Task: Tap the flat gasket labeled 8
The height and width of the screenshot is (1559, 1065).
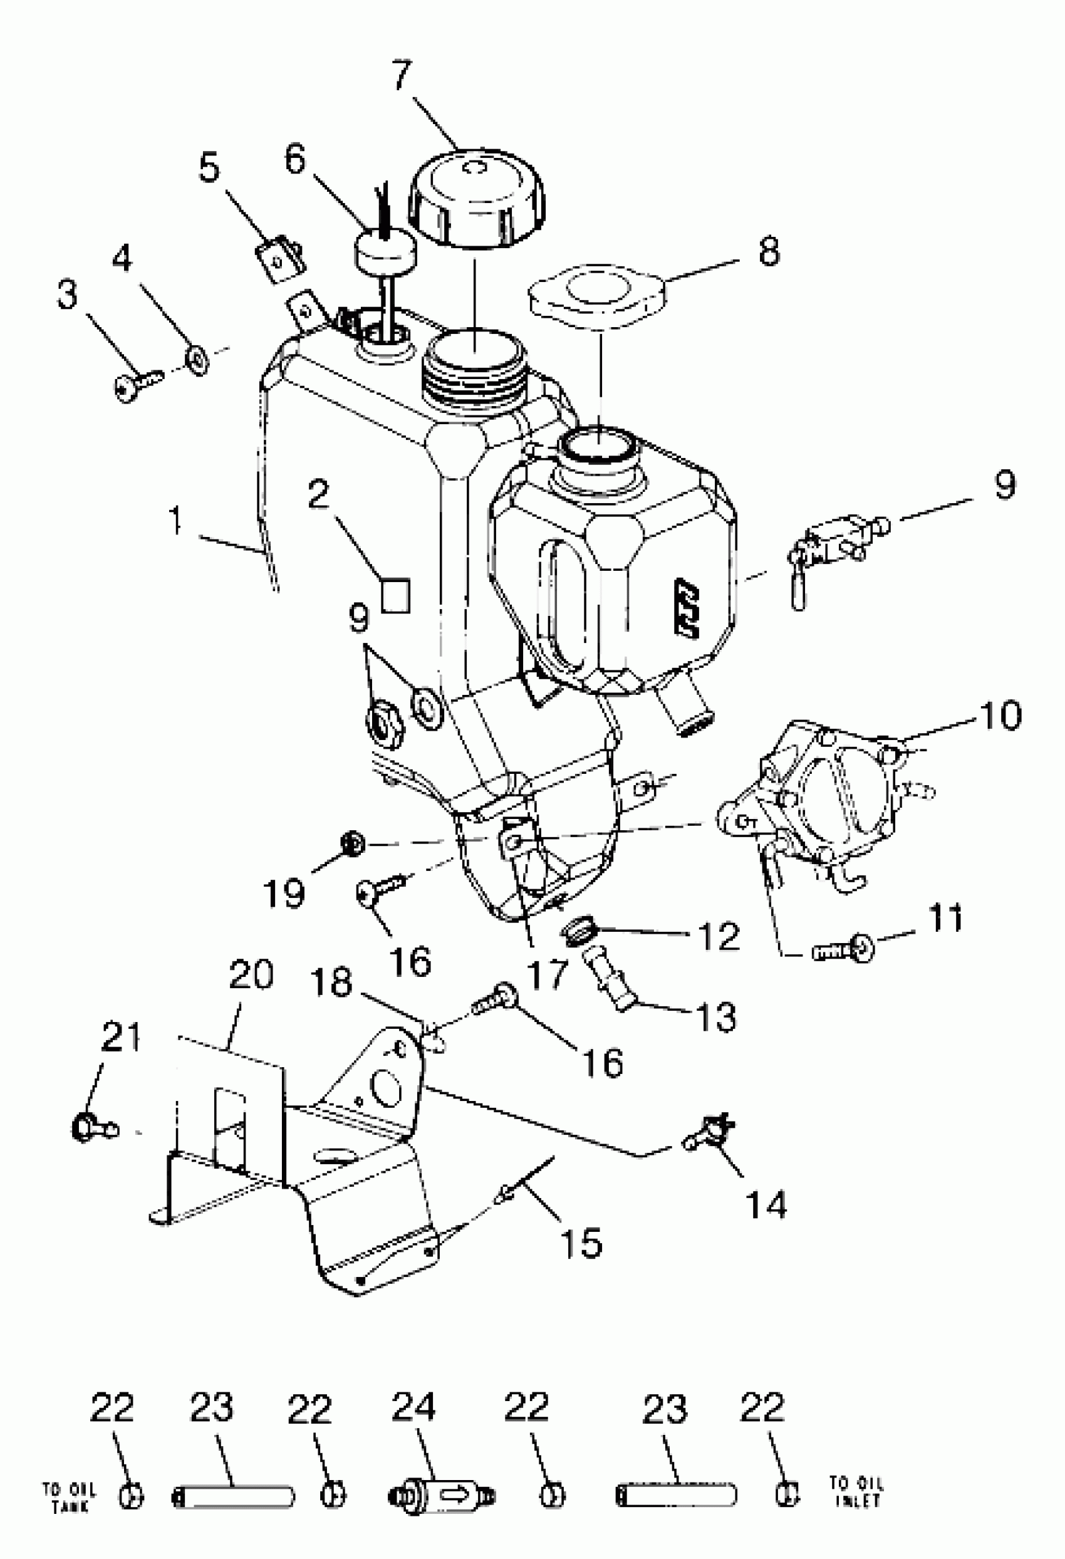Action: pos(598,294)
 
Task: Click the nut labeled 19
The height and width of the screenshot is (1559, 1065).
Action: pos(352,843)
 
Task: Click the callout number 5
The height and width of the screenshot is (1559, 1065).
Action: pos(209,167)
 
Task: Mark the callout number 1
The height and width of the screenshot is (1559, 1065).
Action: pos(175,521)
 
